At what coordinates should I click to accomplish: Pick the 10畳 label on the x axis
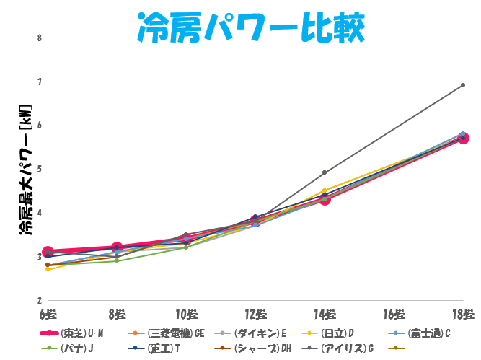[x=186, y=314]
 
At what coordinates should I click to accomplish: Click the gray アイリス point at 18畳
[x=463, y=85]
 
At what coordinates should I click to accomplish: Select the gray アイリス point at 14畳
[x=325, y=172]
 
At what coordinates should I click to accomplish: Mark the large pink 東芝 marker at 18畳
[x=463, y=138]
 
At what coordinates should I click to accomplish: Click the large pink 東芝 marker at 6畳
[x=48, y=252]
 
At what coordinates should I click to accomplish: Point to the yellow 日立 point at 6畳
[x=48, y=269]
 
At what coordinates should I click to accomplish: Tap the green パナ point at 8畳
[x=117, y=260]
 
